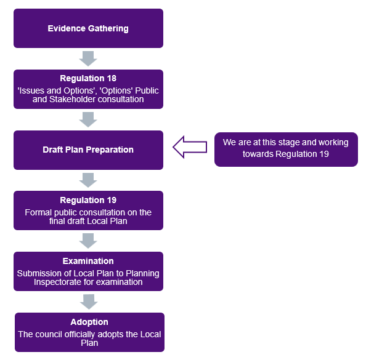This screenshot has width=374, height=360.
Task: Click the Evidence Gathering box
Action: click(88, 28)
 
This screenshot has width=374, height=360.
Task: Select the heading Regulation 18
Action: click(88, 78)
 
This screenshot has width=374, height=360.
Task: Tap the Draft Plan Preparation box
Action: click(88, 150)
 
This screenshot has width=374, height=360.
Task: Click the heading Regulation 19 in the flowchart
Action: click(88, 200)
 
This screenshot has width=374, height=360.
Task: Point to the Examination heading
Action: click(88, 261)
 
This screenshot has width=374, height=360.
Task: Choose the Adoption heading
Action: click(89, 322)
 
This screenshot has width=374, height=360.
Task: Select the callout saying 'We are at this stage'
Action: click(285, 148)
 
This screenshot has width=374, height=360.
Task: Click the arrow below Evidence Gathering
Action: click(89, 58)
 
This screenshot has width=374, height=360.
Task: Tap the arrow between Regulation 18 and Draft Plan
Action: click(89, 119)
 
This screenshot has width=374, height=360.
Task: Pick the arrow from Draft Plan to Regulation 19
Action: click(89, 180)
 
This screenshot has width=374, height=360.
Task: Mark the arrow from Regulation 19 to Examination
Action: click(89, 241)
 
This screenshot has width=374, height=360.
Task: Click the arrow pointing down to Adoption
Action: click(89, 302)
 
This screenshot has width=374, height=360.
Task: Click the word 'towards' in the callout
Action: click(254, 154)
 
